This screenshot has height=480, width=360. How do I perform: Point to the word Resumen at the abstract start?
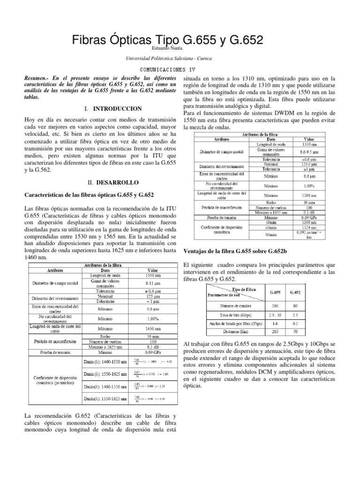(x=37, y=78)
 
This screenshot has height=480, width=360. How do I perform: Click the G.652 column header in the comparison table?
(x=295, y=292)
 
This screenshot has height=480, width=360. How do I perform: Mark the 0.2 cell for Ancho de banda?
(x=295, y=323)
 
